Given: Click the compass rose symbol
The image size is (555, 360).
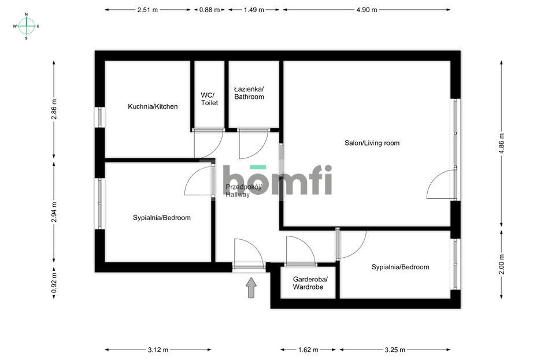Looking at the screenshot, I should (x=27, y=26).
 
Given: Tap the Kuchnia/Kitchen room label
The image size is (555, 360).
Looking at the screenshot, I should (x=153, y=107).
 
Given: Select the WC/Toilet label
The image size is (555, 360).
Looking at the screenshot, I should (x=209, y=99).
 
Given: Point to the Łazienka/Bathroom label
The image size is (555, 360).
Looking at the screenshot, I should (x=249, y=93).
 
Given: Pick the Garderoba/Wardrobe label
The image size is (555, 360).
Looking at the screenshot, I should (x=310, y=283).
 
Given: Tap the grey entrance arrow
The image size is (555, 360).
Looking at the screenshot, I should (x=251, y=287).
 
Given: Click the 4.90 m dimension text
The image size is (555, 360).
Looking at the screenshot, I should (x=367, y=10).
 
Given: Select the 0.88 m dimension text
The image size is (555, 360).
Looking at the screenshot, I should (x=209, y=10).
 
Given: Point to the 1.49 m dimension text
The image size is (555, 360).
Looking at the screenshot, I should (x=254, y=10).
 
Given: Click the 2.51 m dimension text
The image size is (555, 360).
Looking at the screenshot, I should (x=147, y=10).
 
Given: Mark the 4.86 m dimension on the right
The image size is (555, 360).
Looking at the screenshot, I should (x=501, y=142).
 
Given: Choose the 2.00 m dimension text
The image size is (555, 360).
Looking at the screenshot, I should (x=501, y=265).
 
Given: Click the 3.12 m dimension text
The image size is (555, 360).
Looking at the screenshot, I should (x=158, y=350).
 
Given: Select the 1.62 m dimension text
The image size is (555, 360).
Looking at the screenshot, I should (x=308, y=350).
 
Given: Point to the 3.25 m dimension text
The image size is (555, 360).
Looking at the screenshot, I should (x=395, y=350).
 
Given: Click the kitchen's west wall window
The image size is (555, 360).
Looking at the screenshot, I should (x=99, y=117).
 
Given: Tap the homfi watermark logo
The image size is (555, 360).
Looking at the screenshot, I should (x=277, y=179).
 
